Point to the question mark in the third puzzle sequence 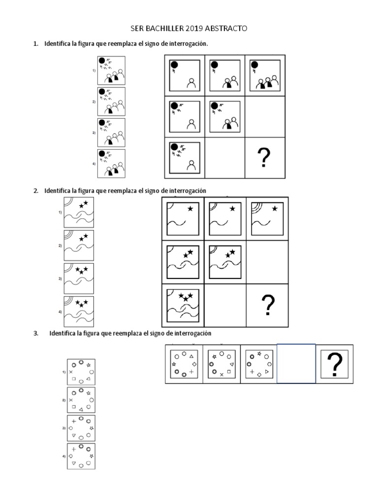335,364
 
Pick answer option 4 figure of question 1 111,163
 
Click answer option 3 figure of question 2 78,279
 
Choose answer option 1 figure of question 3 81,372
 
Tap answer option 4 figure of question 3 81,456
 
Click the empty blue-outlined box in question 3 296,364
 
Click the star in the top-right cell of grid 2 275,209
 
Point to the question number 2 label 35,190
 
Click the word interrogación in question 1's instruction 189,44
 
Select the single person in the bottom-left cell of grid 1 191,165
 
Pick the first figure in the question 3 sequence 184,364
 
